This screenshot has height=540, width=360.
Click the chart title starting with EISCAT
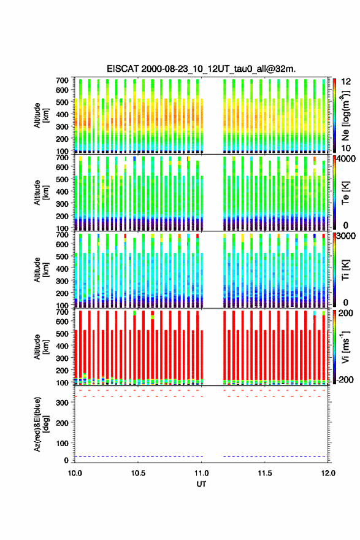click(x=201, y=69)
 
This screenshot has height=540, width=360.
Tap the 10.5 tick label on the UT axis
click(x=138, y=473)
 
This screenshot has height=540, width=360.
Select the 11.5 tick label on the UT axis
click(x=265, y=473)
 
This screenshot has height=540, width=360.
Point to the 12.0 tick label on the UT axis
click(x=328, y=473)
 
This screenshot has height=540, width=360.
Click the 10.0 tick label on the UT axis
click(x=75, y=473)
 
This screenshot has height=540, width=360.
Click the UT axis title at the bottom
click(x=201, y=484)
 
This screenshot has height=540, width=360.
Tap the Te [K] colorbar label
click(x=345, y=193)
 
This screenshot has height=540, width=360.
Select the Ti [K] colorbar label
click(x=345, y=269)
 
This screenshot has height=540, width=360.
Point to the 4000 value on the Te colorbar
click(x=348, y=159)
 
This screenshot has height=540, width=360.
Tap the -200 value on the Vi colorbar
click(x=345, y=380)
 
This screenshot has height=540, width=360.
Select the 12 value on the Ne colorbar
click(x=346, y=82)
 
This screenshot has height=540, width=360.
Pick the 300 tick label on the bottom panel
click(x=63, y=403)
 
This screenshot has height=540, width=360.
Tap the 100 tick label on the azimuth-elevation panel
click(x=63, y=443)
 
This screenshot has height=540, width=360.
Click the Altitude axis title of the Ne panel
click(x=41, y=115)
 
